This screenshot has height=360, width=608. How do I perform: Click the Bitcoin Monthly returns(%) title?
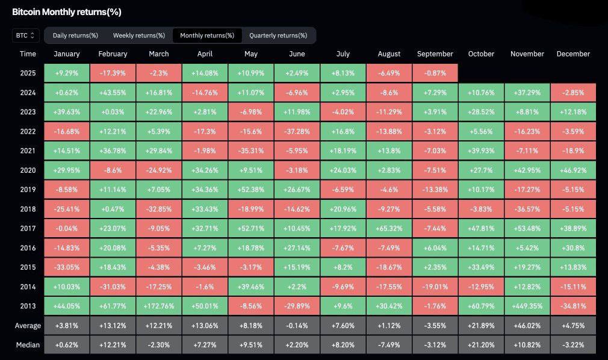click(67, 11)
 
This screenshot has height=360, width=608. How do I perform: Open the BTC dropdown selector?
click(26, 36)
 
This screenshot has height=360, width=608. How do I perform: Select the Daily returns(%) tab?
click(75, 36)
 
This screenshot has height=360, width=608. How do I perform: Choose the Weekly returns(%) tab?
click(139, 36)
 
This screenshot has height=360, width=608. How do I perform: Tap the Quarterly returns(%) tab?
click(278, 36)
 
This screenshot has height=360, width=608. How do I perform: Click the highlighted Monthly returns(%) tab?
click(207, 36)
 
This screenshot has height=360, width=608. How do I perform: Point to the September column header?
click(435, 54)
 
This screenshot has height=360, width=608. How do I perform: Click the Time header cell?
click(28, 54)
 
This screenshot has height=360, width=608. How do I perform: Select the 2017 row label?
click(28, 228)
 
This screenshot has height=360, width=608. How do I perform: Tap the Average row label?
click(28, 326)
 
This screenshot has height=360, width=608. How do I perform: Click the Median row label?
click(28, 345)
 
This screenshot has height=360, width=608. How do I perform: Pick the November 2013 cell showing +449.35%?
click(527, 306)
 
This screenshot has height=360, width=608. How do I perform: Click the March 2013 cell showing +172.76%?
click(158, 306)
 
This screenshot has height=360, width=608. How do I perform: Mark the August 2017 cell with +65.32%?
click(389, 228)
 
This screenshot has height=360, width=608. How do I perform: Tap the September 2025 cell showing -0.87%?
click(435, 73)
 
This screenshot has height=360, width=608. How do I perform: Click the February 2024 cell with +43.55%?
click(113, 92)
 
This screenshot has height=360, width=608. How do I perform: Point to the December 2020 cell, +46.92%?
click(573, 170)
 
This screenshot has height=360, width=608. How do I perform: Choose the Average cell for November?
click(527, 326)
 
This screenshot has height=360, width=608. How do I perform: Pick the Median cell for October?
click(481, 345)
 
